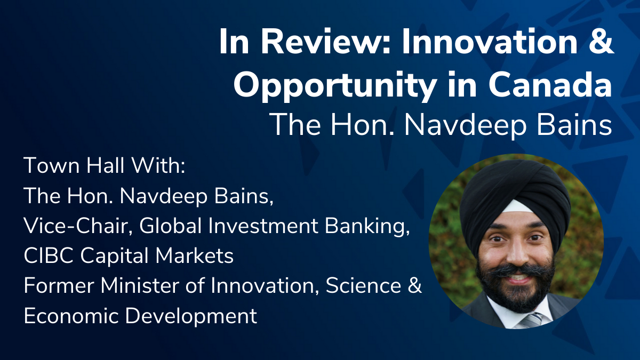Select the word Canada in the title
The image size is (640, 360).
tap(550, 84)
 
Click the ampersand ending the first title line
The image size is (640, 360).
tap(601, 42)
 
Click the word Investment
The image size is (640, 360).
tap(263, 226)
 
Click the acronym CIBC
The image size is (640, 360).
tap(49, 255)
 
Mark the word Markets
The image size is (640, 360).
tap(194, 255)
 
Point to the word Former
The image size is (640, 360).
tap(59, 285)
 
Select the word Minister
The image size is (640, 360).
tap(139, 285)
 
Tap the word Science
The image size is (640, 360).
tap(363, 285)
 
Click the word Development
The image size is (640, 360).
tap(191, 317)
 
